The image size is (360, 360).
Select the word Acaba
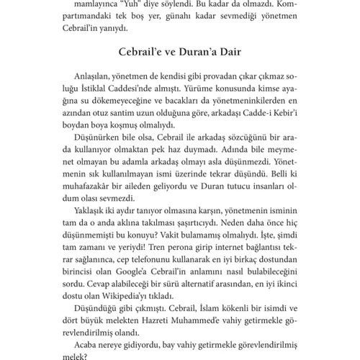pyautogui.click(x=87, y=356)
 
